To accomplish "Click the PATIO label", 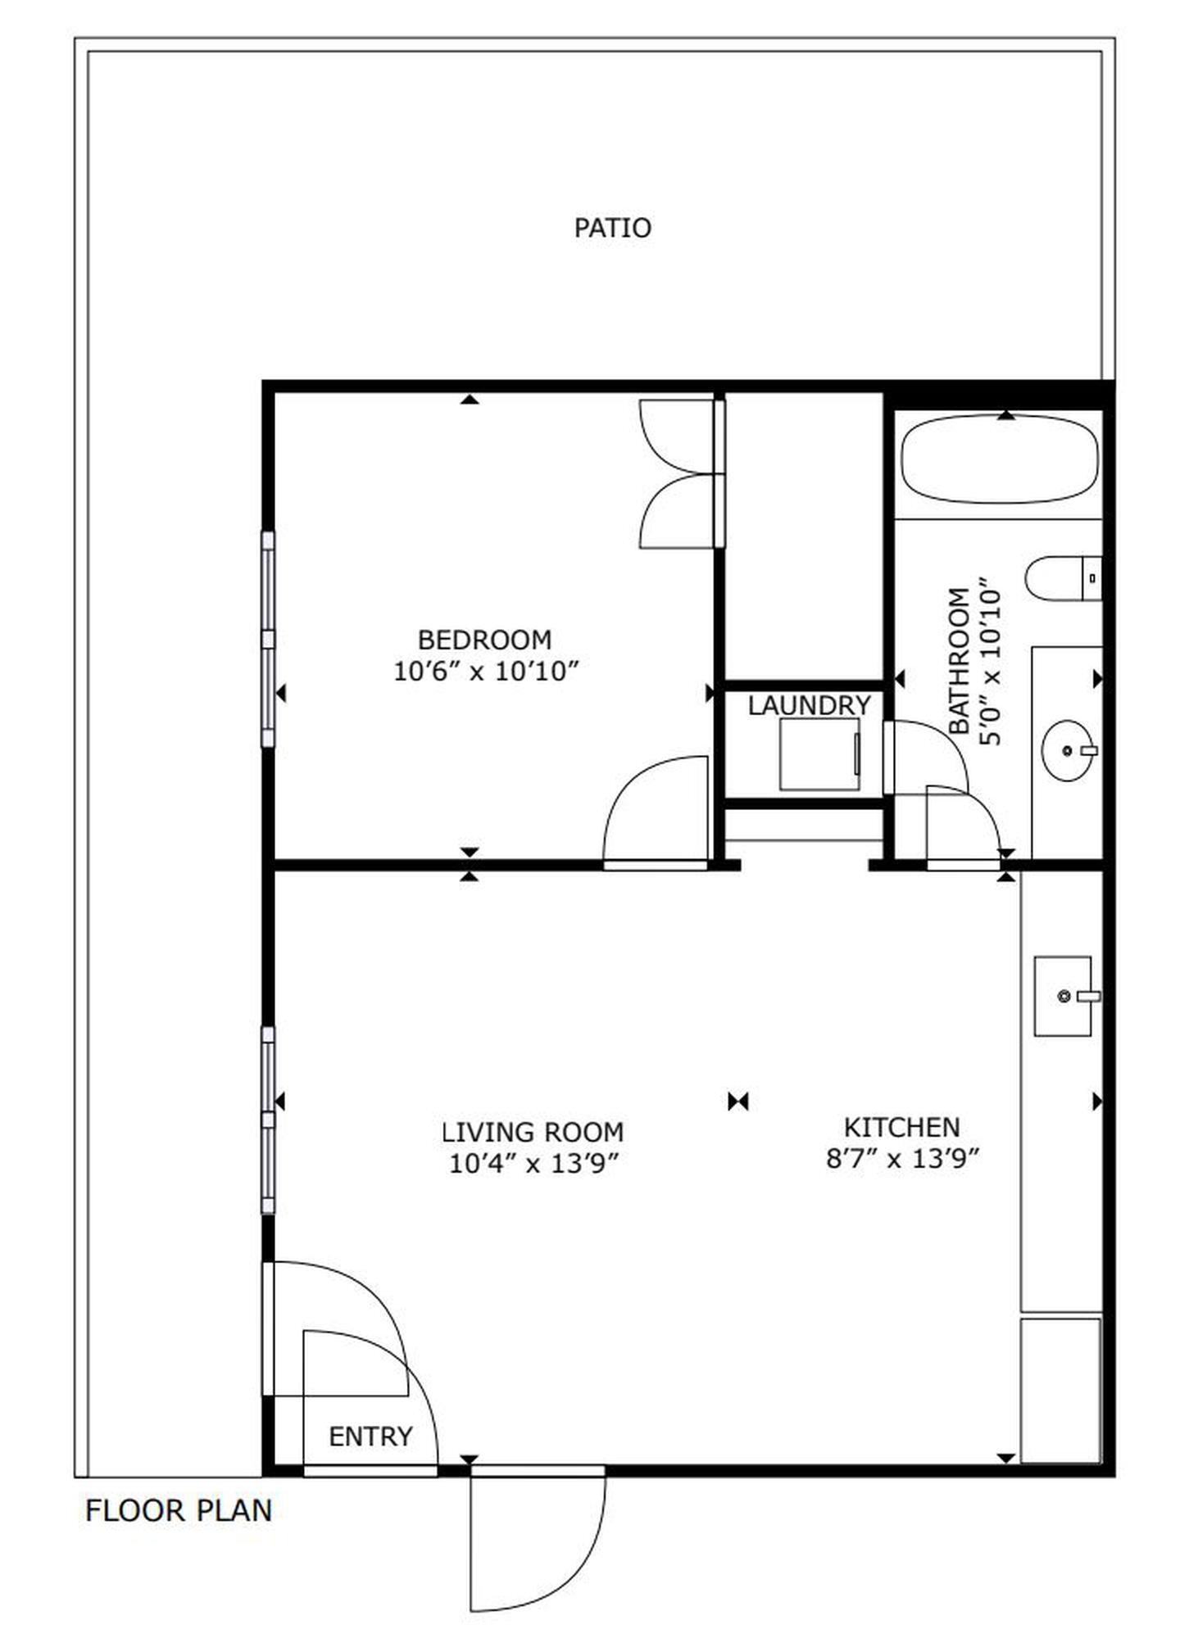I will pos(612,228).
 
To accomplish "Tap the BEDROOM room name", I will pos(484,640).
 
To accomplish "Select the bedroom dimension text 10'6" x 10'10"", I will pos(486,672).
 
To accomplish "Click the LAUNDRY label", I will pos(809,705).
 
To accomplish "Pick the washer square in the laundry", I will pos(819,753).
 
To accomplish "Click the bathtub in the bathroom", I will pos(999,459).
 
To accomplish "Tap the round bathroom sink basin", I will pos(1067,750).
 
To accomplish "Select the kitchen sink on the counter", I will pos(1063,996).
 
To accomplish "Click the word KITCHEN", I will pos(901,1127).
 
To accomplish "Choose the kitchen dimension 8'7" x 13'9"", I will pos(903,1159).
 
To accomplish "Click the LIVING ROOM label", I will pos(533,1132).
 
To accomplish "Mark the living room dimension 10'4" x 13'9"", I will pos(533,1163).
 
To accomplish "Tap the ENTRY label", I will pos(370,1436).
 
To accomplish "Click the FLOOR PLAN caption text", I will pos(179,1510).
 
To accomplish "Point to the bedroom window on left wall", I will pos(268,639).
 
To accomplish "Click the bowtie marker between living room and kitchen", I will pos(738,1102).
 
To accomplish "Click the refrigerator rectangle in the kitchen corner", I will pos(1060,1401).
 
